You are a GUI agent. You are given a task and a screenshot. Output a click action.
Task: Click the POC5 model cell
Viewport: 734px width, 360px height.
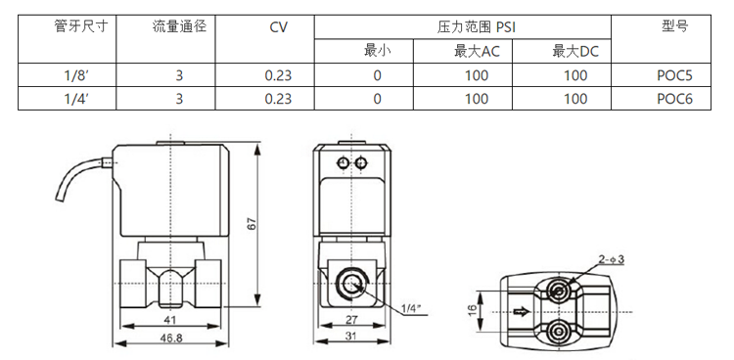674,75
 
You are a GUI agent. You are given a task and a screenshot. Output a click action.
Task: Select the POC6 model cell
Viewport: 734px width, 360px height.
674,99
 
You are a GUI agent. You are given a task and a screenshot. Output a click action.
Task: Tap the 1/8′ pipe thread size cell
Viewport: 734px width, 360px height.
76,75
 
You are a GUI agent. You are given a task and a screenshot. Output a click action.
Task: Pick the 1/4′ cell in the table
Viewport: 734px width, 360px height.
76,99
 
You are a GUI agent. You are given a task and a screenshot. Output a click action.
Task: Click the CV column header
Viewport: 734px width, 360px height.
279,27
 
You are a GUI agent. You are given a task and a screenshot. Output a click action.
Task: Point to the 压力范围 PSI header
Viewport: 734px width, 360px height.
476,27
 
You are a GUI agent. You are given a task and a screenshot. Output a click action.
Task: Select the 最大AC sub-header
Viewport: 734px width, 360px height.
477,51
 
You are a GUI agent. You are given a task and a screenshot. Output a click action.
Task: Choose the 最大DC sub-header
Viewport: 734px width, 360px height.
575,51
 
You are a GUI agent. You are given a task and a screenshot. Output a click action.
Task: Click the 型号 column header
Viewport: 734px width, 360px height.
674,26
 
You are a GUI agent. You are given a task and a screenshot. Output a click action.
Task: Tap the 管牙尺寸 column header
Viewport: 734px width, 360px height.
81,26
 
